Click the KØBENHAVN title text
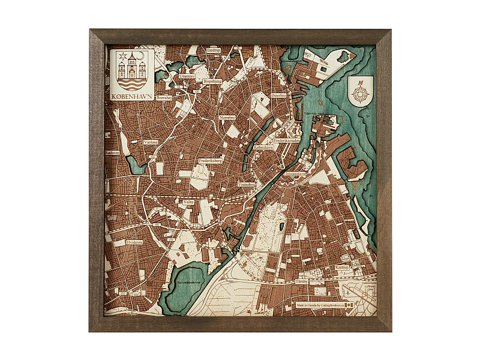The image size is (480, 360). point(132,95)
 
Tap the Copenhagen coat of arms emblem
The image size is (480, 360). point(132,70)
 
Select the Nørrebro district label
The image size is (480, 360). point(227,118)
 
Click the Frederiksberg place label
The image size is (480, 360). point(211,161)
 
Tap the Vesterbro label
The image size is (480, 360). point(247,184)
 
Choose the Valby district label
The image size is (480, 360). point(188,203)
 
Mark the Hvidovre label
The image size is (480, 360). point(135,242)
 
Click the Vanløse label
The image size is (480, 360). point(151,142)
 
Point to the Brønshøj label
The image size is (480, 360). point(164,97)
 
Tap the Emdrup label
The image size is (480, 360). point(214,50)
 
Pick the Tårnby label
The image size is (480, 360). point(301,281)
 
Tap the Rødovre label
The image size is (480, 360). point(112,153)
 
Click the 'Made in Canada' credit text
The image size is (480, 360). point(320,305)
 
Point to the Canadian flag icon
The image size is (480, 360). point(350,305)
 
